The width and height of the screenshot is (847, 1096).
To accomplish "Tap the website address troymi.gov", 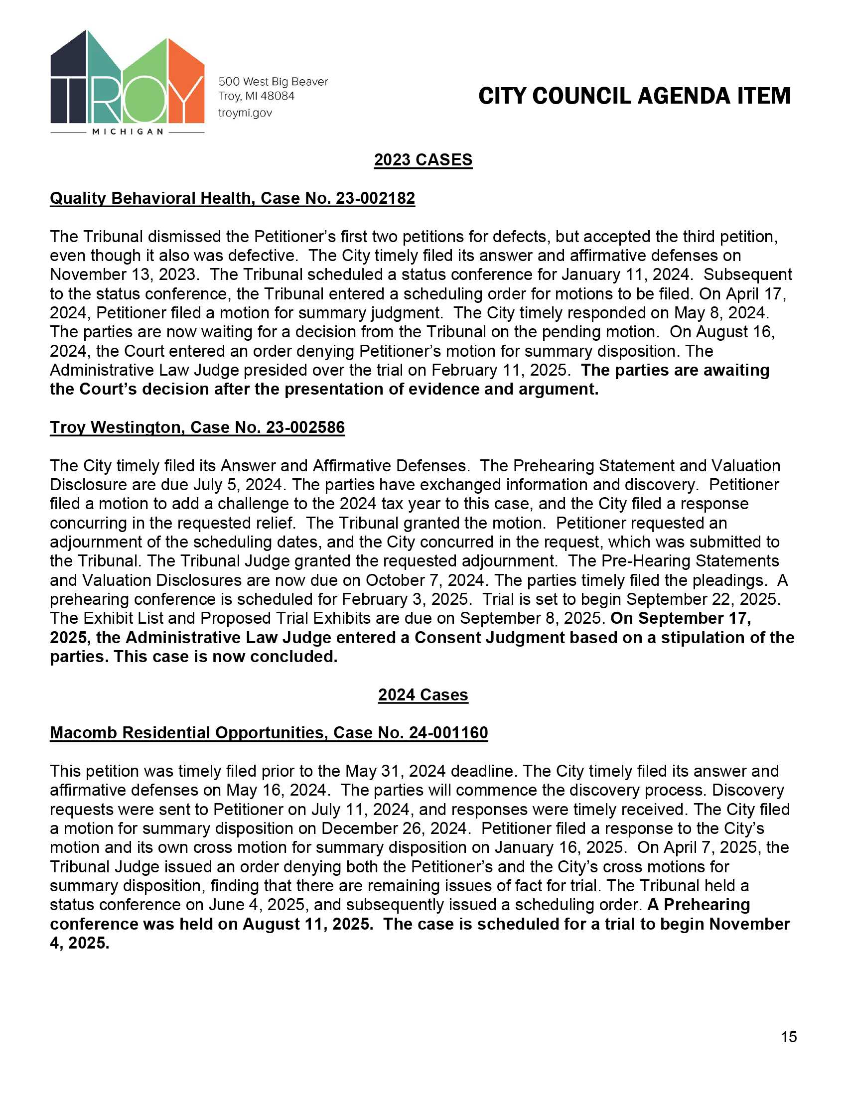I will coord(245,113).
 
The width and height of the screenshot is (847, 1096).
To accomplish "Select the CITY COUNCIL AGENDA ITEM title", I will coord(634,96).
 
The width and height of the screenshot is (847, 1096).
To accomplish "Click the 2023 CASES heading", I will coord(423,159).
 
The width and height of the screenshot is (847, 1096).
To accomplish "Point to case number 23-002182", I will coord(375,198).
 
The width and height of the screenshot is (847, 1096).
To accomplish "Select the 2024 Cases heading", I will coord(423,694).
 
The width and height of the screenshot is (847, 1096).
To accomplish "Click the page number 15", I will coord(789,1037).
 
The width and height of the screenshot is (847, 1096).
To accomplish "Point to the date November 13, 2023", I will coord(123,274).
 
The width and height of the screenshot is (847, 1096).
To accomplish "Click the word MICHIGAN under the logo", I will coord(128,132).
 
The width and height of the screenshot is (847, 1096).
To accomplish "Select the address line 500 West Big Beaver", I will coord(273,81).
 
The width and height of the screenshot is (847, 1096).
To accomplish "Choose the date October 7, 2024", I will coord(424,580).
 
